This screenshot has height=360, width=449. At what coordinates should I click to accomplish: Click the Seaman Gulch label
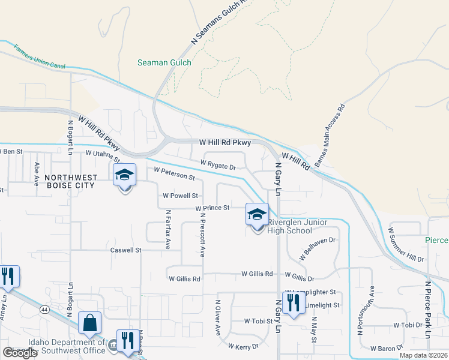pos(164,62)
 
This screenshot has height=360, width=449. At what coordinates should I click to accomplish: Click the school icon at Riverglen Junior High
pos(257,214)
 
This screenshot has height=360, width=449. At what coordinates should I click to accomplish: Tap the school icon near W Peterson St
pos(125,175)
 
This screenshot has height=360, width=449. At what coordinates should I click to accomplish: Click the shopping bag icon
pos(89,323)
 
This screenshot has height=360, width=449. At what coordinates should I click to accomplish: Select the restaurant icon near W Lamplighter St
pos(293,302)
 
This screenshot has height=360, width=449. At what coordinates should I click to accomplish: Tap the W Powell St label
pos(180,196)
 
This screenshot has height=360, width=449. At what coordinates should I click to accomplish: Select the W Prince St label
pos(212,208)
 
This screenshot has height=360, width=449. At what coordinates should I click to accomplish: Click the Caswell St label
pos(125,250)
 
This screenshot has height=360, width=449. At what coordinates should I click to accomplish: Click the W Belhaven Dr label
pos(318,247)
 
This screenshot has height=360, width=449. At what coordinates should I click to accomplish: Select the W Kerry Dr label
pos(243,346)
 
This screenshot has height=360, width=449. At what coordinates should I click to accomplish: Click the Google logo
pos(20,353)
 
